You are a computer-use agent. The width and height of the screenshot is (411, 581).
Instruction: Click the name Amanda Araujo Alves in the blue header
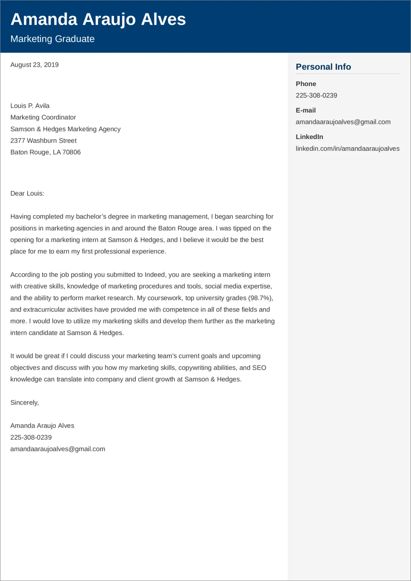tap(98, 19)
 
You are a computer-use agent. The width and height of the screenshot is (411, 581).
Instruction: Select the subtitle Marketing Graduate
tap(53, 39)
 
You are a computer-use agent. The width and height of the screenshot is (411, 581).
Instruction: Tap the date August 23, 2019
tap(35, 65)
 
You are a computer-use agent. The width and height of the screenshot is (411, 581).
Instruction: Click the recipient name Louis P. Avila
tap(30, 106)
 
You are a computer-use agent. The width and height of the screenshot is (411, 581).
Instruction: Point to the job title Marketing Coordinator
tap(43, 117)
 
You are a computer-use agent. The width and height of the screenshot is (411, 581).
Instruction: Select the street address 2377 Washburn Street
tap(43, 140)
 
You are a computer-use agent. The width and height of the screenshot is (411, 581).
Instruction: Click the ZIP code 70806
tap(71, 152)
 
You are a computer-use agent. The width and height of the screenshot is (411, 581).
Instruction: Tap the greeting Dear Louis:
tap(27, 193)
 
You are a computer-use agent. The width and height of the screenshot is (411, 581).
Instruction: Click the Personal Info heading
tap(323, 67)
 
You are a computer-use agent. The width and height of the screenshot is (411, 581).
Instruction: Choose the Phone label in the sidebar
tap(306, 84)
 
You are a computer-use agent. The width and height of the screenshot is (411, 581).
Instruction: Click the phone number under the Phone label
tap(316, 95)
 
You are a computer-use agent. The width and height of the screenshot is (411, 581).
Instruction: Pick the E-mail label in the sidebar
tap(306, 110)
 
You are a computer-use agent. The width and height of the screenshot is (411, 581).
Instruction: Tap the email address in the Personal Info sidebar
tap(343, 122)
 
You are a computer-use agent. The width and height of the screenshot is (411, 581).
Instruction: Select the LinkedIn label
tap(309, 137)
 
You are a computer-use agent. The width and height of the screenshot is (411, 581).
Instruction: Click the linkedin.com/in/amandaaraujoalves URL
tap(347, 148)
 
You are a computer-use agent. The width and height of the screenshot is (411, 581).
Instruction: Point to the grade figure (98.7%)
tap(260, 298)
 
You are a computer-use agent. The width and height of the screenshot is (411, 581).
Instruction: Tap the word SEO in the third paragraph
tap(259, 368)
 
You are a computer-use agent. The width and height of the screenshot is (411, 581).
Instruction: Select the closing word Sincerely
tap(24, 402)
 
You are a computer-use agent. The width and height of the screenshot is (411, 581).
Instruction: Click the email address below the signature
tap(58, 449)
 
